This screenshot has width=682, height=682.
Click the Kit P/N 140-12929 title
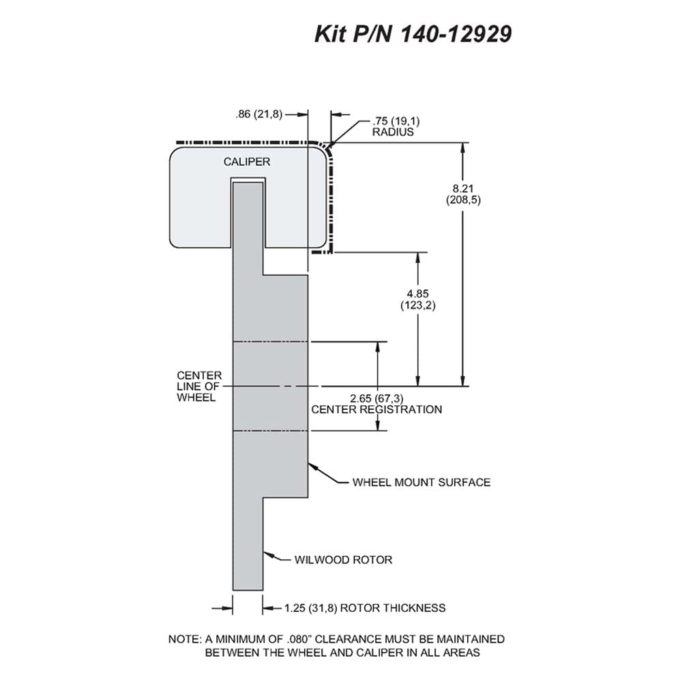click(x=413, y=33)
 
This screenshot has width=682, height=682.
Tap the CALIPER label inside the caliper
click(x=247, y=162)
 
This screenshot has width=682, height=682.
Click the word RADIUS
click(x=393, y=132)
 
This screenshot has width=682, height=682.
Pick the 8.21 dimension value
click(x=463, y=188)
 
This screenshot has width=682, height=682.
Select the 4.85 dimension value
click(x=417, y=293)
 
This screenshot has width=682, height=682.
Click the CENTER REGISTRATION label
click(x=376, y=409)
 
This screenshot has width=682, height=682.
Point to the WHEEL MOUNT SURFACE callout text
click(x=421, y=482)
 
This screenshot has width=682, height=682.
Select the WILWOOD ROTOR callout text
click(x=343, y=559)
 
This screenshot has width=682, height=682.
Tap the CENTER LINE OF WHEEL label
click(x=198, y=386)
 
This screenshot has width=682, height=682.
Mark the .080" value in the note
click(x=299, y=639)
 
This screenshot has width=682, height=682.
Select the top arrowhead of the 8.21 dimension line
click(x=463, y=149)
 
